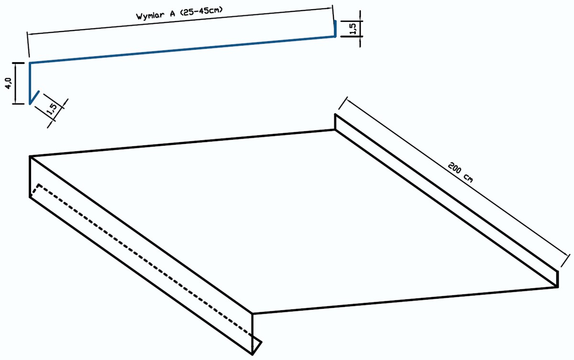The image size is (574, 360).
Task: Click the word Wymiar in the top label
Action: pyautogui.click(x=150, y=15)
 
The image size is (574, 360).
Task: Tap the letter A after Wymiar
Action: pyautogui.click(x=173, y=13)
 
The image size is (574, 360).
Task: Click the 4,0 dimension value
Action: pyautogui.click(x=9, y=83)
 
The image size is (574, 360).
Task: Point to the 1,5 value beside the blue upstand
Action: pyautogui.click(x=353, y=29)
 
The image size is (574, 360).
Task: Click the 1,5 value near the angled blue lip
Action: pyautogui.click(x=52, y=109)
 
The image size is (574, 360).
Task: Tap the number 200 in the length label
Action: pyautogui.click(x=455, y=168)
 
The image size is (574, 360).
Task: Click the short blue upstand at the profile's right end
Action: pyautogui.click(x=335, y=28)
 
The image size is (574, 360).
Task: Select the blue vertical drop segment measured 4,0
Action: pyautogui.click(x=30, y=83)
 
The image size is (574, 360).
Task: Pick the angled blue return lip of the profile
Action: pyautogui.click(x=34, y=98)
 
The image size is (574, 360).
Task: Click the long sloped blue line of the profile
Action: pyautogui.click(x=182, y=50)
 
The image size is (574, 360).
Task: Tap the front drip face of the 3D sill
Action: pyautogui.click(x=141, y=255)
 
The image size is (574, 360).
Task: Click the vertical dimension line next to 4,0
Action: pyautogui.click(x=16, y=83)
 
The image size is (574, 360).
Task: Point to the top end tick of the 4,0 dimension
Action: pyautogui.click(x=18, y=63)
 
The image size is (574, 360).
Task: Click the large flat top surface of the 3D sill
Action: pyautogui.click(x=295, y=220)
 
